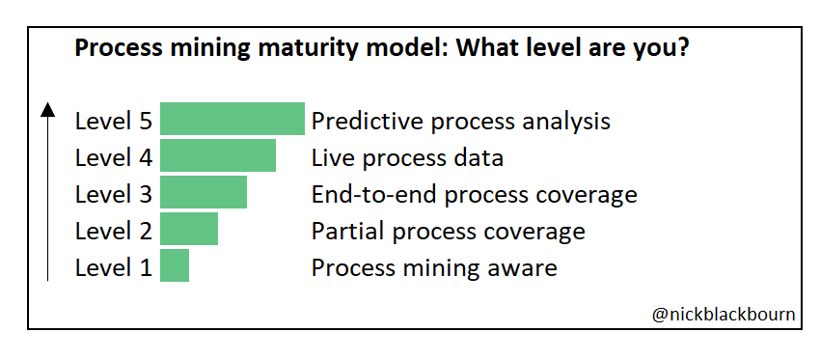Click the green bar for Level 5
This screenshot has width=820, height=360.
(x=232, y=120)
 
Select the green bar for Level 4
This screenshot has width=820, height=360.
(x=218, y=156)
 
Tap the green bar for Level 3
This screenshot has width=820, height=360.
(x=204, y=193)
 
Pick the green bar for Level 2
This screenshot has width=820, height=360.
(x=189, y=230)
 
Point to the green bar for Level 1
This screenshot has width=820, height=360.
(x=175, y=266)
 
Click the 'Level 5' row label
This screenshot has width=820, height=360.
(x=114, y=122)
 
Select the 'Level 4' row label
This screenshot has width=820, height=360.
(x=114, y=158)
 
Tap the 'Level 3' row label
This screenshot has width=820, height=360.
(x=114, y=195)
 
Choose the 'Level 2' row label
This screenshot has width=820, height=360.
(x=114, y=232)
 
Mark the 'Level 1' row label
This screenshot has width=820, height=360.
(x=114, y=268)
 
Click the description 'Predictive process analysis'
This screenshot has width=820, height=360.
(x=460, y=122)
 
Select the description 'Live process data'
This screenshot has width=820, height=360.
(x=407, y=158)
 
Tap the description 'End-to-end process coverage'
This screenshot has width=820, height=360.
(x=474, y=195)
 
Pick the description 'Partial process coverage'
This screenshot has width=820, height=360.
(x=448, y=232)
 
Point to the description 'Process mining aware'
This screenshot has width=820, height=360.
(x=434, y=268)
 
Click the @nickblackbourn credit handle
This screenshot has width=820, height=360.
(x=724, y=315)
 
